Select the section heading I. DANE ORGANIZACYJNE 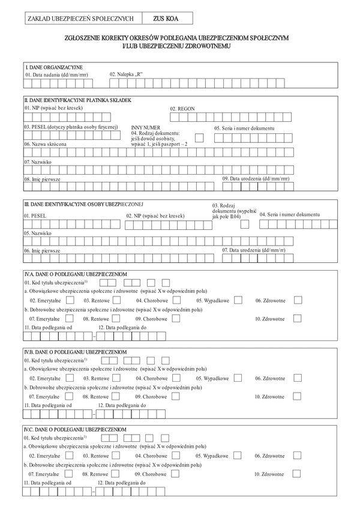(x=53, y=67)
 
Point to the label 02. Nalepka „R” (x=126, y=74)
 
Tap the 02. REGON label (x=182, y=109)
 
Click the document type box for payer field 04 (x=199, y=138)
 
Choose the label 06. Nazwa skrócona (x=46, y=144)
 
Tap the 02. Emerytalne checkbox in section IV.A (x=69, y=300)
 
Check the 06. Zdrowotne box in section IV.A (x=298, y=300)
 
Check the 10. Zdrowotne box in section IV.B (x=298, y=396)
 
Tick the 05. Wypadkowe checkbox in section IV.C (x=238, y=456)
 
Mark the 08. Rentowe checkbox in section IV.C (x=119, y=474)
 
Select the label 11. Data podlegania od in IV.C (x=48, y=483)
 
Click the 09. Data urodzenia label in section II (x=256, y=179)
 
